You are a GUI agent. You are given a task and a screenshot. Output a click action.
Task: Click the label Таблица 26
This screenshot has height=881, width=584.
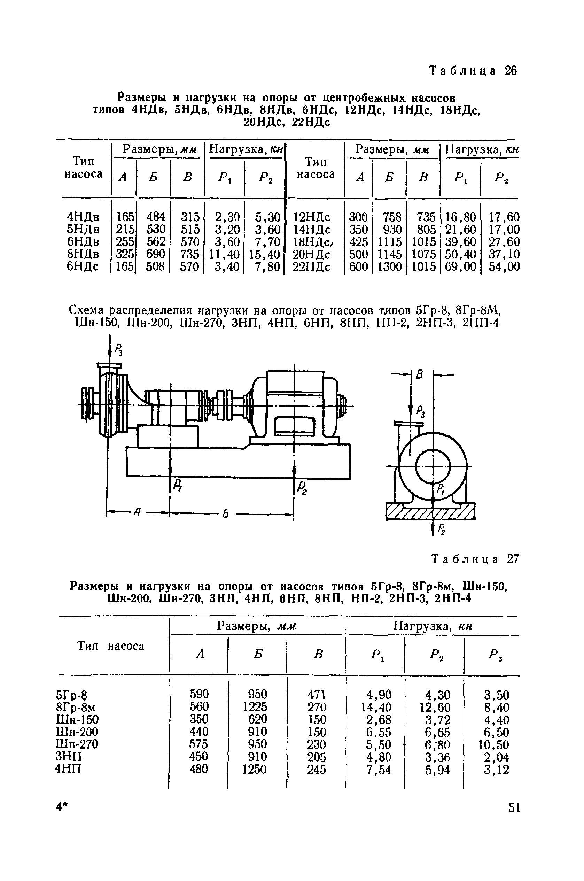coord(473,70)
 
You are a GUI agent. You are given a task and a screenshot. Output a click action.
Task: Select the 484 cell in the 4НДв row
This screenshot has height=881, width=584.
coord(156,217)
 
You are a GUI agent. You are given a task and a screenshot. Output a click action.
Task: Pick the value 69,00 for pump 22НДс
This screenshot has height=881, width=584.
coord(460,267)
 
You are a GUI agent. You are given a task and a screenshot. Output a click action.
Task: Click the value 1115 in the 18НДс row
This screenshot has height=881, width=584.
coord(390,242)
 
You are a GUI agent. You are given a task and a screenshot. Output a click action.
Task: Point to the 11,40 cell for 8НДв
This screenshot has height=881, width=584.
coord(224,255)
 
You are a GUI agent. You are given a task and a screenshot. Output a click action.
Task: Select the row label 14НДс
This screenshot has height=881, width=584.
coord(312,230)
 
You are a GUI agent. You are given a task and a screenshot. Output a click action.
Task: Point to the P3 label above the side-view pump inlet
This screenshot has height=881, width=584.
coord(118,350)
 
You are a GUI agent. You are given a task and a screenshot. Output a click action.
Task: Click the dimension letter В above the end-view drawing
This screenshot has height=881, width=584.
coord(420,375)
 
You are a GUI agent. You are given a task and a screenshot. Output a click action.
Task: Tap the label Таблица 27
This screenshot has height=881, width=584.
coord(475,559)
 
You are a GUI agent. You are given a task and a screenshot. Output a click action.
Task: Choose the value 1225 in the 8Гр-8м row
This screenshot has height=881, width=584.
coord(255,707)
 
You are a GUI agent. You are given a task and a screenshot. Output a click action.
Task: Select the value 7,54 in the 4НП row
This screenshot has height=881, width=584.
coord(379,770)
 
